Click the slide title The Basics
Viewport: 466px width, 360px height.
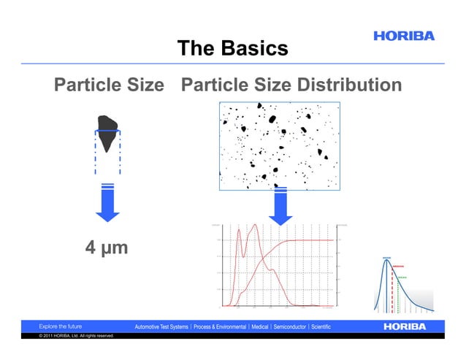pyautogui.click(x=232, y=49)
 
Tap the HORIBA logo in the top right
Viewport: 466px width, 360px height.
pyautogui.click(x=404, y=35)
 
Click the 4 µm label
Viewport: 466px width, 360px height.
pyautogui.click(x=107, y=248)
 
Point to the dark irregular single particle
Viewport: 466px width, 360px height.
pyautogui.click(x=107, y=131)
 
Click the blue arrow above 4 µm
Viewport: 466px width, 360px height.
pyautogui.click(x=107, y=204)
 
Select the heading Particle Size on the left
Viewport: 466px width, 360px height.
pyautogui.click(x=109, y=85)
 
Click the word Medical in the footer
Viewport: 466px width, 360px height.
pyautogui.click(x=260, y=326)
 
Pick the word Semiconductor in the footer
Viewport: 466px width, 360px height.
pyautogui.click(x=290, y=326)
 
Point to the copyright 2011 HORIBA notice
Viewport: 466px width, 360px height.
pyautogui.click(x=76, y=336)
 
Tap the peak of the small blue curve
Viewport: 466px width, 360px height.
pyautogui.click(x=387, y=260)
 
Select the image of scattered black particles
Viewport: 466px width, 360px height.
pyautogui.click(x=279, y=145)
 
